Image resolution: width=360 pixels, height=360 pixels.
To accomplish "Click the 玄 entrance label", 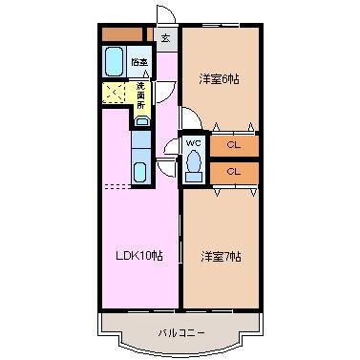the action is coord(165,38).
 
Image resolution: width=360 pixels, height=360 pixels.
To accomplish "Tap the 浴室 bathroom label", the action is coord(139,62).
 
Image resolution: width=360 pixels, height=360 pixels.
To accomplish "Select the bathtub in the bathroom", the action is coord(114,61).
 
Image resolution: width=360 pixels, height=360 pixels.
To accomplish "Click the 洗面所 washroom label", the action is coord(140,95).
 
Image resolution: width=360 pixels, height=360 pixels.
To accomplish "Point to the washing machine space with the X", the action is coord(114,93).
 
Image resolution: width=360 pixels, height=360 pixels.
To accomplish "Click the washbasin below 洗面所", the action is coord(142,121).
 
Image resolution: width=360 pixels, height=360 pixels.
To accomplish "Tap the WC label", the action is coord(193,143).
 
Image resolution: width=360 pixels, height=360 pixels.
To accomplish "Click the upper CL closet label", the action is coord(233,145).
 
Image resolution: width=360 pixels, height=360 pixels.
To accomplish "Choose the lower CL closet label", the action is coord(233,172).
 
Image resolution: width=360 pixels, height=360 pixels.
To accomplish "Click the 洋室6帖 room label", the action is coord(219,79).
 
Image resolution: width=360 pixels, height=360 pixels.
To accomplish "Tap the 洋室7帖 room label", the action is coord(221,257).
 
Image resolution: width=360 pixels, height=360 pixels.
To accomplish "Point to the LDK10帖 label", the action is coord(139,255).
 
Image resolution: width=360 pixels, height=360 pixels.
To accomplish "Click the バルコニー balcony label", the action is coord(181,333).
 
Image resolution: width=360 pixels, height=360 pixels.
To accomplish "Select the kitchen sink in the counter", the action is coord(140,172).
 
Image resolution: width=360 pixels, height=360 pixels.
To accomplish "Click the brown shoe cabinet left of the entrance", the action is coord(122,34).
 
